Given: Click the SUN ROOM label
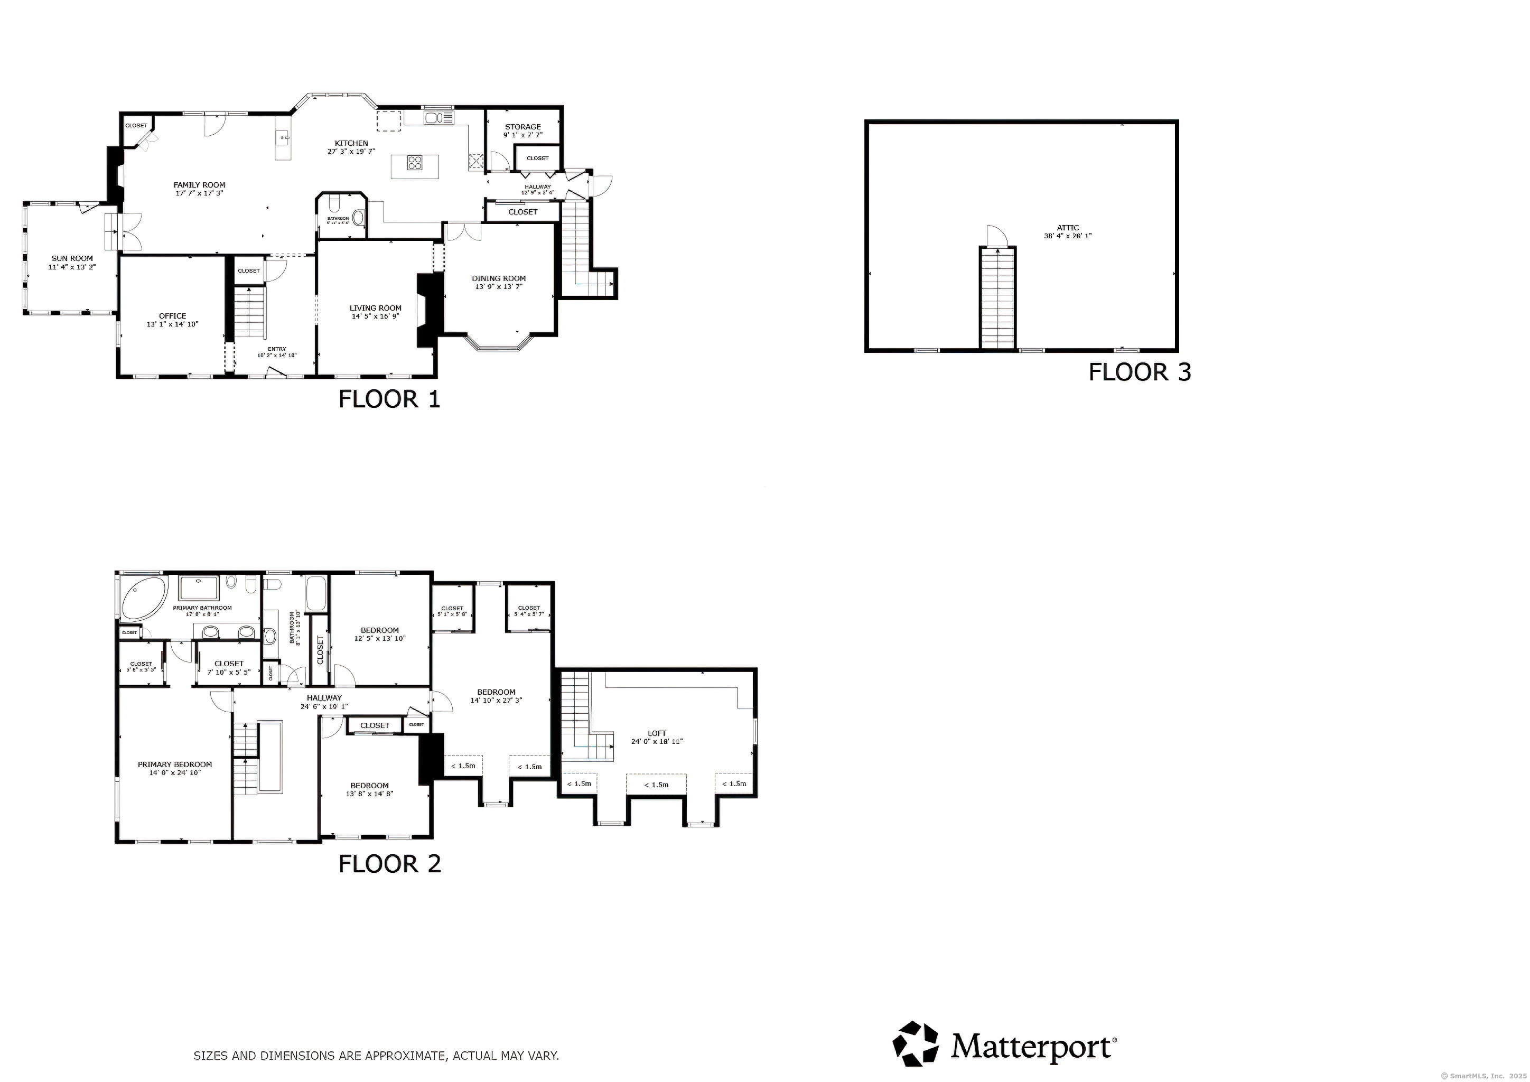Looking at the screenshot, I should (72, 258).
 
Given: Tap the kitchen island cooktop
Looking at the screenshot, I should (415, 163).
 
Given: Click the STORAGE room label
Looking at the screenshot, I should (523, 127).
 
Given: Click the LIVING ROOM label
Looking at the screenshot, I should (375, 308).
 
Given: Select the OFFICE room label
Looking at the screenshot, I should (173, 316).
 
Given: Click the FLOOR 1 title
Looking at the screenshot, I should (389, 399).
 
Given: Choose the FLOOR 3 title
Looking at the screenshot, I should (1140, 372).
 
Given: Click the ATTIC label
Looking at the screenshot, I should (1068, 228).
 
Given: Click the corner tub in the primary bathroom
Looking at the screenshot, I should (143, 596).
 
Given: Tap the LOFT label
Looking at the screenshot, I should (657, 733).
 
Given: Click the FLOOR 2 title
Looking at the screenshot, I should (389, 864).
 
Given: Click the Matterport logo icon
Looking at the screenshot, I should (916, 1043).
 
